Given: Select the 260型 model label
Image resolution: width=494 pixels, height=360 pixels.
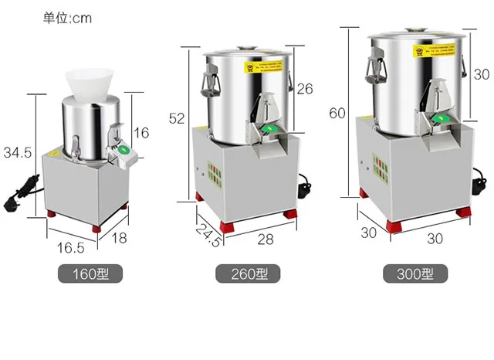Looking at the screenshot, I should pos(247,273).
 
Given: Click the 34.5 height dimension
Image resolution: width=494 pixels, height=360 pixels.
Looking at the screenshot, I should pos(17,153).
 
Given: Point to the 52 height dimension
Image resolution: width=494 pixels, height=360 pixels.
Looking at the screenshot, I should pos(178,117).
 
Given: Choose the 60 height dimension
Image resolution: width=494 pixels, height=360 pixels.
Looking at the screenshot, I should pos(337,113).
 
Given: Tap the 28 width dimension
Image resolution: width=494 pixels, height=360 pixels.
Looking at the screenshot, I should pos(265,239).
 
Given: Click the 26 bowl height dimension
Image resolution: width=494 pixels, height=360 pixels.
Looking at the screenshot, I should pos(305,89).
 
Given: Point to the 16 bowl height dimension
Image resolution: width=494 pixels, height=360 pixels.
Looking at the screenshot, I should pos(141,133).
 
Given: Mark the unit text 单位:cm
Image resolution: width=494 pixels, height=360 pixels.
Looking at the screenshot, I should pos(67,18).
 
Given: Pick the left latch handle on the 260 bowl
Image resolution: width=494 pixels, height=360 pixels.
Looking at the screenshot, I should pos(208,78).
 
